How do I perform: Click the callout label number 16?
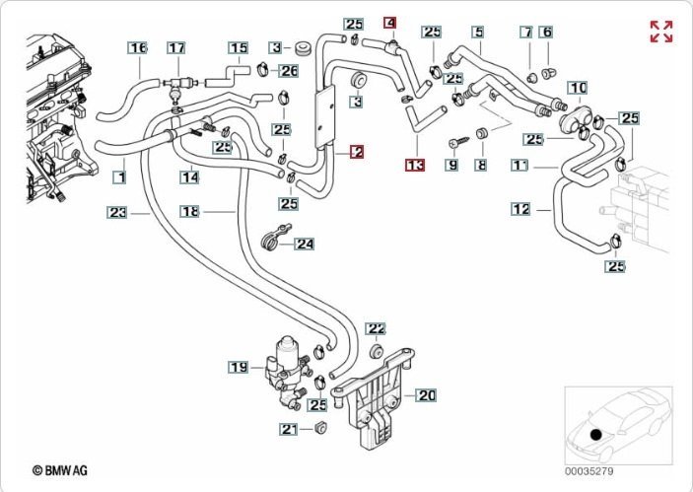coord(138,47)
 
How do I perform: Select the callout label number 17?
coord(175,47)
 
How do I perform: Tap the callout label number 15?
coord(238,47)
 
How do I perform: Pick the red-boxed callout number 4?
coord(390,23)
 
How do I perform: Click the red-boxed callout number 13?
coord(415,165)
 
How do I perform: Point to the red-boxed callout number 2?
coord(356,152)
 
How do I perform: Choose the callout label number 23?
coord(118,211)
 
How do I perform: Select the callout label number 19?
coord(238,368)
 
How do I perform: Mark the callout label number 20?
coord(426,395)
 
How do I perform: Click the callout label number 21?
coord(288,429)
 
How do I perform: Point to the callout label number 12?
coord(521,209)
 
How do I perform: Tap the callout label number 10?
coord(578,88)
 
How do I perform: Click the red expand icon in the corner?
coord(660,32)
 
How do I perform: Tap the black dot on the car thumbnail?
coord(594,435)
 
